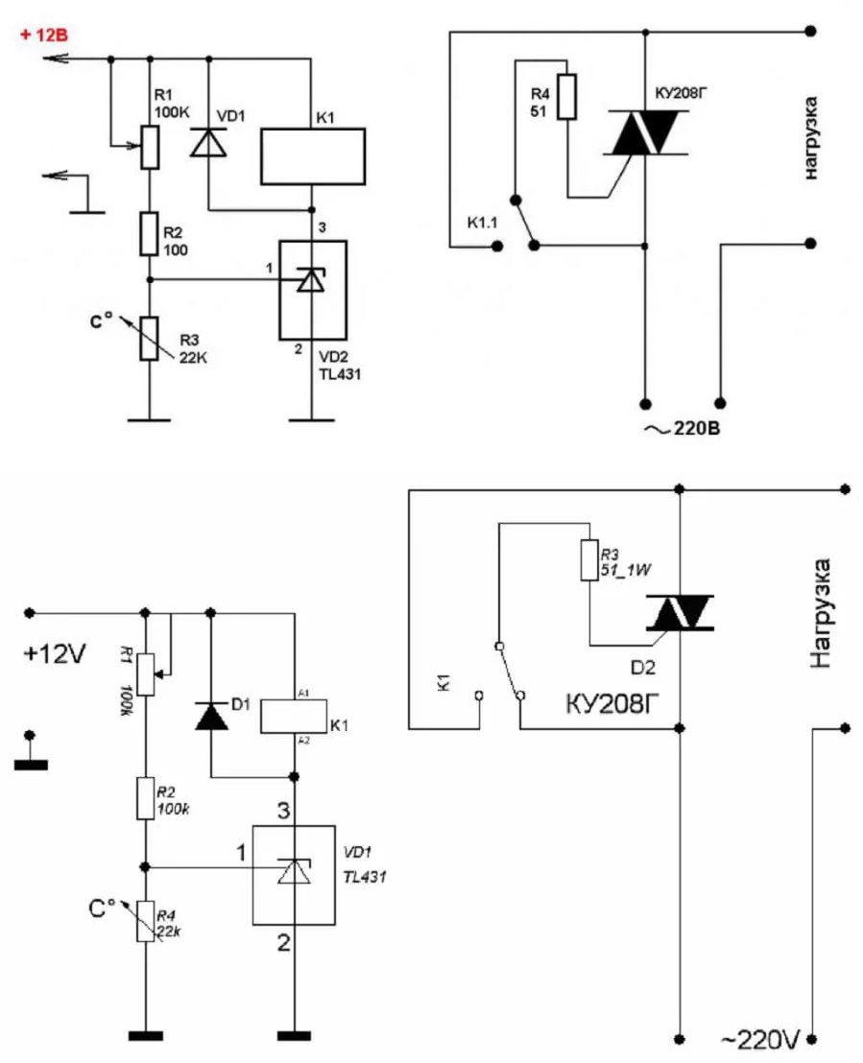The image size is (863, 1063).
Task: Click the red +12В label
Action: pyautogui.click(x=44, y=35)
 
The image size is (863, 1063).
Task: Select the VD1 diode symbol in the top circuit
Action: pyautogui.click(x=208, y=142)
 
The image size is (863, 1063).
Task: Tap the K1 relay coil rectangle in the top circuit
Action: pyautogui.click(x=313, y=156)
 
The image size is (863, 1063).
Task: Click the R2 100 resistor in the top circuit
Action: pyautogui.click(x=149, y=234)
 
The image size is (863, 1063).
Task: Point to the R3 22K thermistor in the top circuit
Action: pyautogui.click(x=149, y=338)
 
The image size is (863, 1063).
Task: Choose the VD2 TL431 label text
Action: pyautogui.click(x=340, y=366)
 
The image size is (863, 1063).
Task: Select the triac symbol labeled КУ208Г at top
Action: pyautogui.click(x=645, y=132)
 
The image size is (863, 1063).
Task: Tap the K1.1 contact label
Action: pyautogui.click(x=483, y=223)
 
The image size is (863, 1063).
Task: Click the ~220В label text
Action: pyautogui.click(x=682, y=429)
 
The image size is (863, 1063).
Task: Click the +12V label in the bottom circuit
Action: pyautogui.click(x=55, y=654)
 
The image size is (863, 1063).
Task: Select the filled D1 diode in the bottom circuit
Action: pyautogui.click(x=211, y=717)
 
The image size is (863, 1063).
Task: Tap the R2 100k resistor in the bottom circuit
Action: pyautogui.click(x=145, y=798)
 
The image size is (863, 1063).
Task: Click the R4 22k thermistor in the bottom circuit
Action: pyautogui.click(x=145, y=921)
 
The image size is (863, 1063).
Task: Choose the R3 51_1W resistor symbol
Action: pyautogui.click(x=589, y=560)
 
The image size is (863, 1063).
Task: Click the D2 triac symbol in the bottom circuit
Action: pyautogui.click(x=679, y=613)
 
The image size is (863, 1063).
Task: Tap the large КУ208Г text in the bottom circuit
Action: pyautogui.click(x=611, y=704)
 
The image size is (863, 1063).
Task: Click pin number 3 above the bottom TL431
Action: pyautogui.click(x=283, y=810)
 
